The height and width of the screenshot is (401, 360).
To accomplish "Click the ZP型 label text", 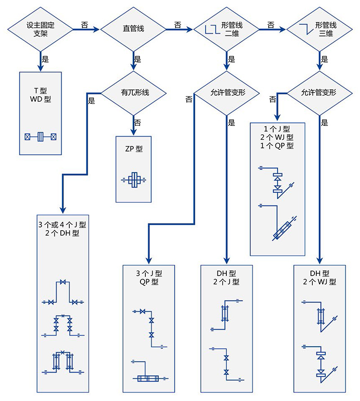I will (134, 149).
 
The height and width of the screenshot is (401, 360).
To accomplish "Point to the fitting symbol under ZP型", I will (134, 180).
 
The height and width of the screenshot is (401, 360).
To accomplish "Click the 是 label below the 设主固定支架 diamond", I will (45, 58).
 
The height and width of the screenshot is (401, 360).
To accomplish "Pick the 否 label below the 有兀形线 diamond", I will (138, 122).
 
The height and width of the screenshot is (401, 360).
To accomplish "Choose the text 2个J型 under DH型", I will (226, 282).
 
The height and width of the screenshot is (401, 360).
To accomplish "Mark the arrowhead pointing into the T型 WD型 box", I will (40, 67).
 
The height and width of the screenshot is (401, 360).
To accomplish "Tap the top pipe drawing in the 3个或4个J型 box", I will (63, 292).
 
